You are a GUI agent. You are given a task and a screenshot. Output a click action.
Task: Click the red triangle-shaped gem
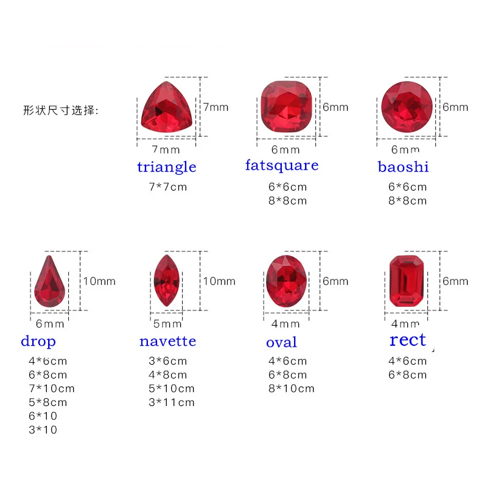point(167,107)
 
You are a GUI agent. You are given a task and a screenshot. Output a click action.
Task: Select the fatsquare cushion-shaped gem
point(286,107)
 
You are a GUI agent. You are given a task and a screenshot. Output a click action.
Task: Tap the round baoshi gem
point(407,107)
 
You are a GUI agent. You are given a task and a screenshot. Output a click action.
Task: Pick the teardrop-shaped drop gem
point(49,281)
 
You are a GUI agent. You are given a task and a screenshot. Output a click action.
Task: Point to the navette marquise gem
point(167,281)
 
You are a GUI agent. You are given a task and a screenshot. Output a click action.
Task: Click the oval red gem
point(286,281)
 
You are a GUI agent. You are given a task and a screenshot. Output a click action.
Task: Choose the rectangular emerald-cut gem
point(407,281)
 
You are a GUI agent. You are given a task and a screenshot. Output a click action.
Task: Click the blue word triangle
point(167,167)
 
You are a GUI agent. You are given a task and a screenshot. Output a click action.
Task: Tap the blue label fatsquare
point(282,166)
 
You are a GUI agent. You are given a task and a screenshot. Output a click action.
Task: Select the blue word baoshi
point(403,167)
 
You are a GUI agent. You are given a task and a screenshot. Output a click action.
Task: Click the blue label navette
point(168,342)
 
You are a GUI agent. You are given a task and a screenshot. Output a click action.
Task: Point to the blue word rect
point(407,340)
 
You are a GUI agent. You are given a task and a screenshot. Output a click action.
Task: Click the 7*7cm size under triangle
point(168,187)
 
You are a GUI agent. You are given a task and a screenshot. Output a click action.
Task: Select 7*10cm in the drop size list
point(52,388)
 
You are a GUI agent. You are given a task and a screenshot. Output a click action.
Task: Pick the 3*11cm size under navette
point(172,402)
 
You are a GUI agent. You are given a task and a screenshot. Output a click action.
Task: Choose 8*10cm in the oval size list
point(292,388)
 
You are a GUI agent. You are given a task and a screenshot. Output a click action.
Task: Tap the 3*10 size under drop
point(43,430)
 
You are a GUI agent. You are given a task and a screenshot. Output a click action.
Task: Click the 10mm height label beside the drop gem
point(99,281)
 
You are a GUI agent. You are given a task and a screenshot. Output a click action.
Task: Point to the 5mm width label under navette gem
point(167,324)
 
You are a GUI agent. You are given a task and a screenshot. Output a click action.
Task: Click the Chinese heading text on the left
point(61,110)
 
